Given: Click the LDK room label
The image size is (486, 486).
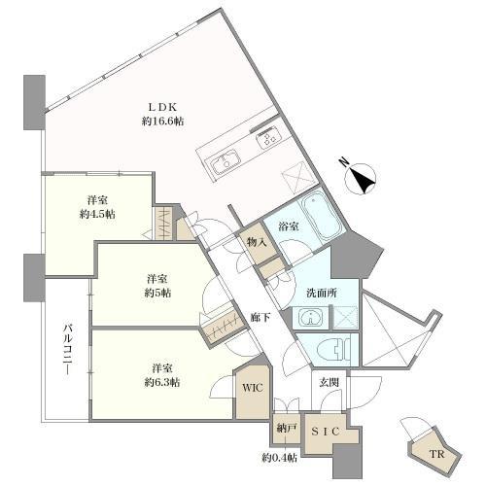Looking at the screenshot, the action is pos(162,107).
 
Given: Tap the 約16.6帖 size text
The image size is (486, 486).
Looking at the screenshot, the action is pos(162,121).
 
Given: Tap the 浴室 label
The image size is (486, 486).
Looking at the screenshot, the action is pos(289,226).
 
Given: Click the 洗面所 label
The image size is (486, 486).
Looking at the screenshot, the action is pos(322,294).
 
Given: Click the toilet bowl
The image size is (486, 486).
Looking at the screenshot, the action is pos(334,349).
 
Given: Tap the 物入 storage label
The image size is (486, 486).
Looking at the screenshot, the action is pos(257,241).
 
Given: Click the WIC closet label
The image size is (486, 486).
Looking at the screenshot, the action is pos(253,388).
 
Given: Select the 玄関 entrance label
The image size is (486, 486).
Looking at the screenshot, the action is pos(329,383).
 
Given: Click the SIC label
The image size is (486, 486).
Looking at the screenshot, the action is pos(326,432).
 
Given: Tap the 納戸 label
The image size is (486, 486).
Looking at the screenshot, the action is pos(287,429).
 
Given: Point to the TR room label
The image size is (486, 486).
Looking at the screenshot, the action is pos(436,454).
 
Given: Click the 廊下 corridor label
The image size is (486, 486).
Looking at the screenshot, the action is pos(260,318).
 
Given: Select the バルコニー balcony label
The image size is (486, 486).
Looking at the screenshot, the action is pos(68,350).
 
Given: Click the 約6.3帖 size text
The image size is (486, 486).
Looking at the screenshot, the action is pos(162,383).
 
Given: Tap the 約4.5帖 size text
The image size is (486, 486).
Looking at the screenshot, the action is pos(97,215).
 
